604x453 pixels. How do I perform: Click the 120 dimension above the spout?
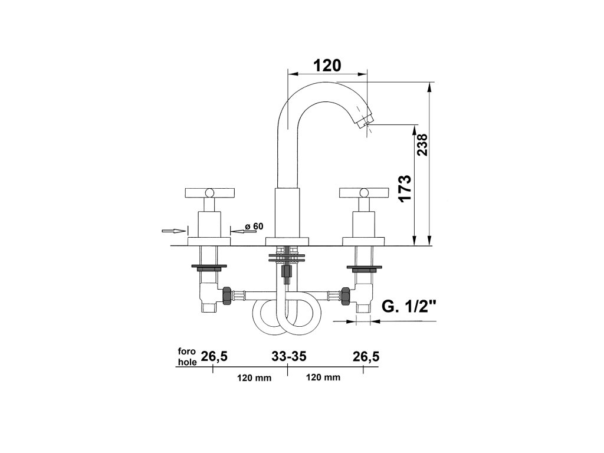coord(327,65)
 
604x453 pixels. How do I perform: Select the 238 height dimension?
coord(422,145)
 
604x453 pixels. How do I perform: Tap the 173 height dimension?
coord(405,188)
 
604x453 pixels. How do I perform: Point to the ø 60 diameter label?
coord(254,226)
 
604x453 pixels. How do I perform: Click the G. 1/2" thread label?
coord(409,307)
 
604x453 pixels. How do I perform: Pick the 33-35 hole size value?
coord(289,356)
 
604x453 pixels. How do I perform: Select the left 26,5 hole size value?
coord(215,357)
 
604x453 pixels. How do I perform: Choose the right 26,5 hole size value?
coord(366,357)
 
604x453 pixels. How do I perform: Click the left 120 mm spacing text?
coord(254,378)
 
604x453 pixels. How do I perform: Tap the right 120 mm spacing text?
coord(323,377)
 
